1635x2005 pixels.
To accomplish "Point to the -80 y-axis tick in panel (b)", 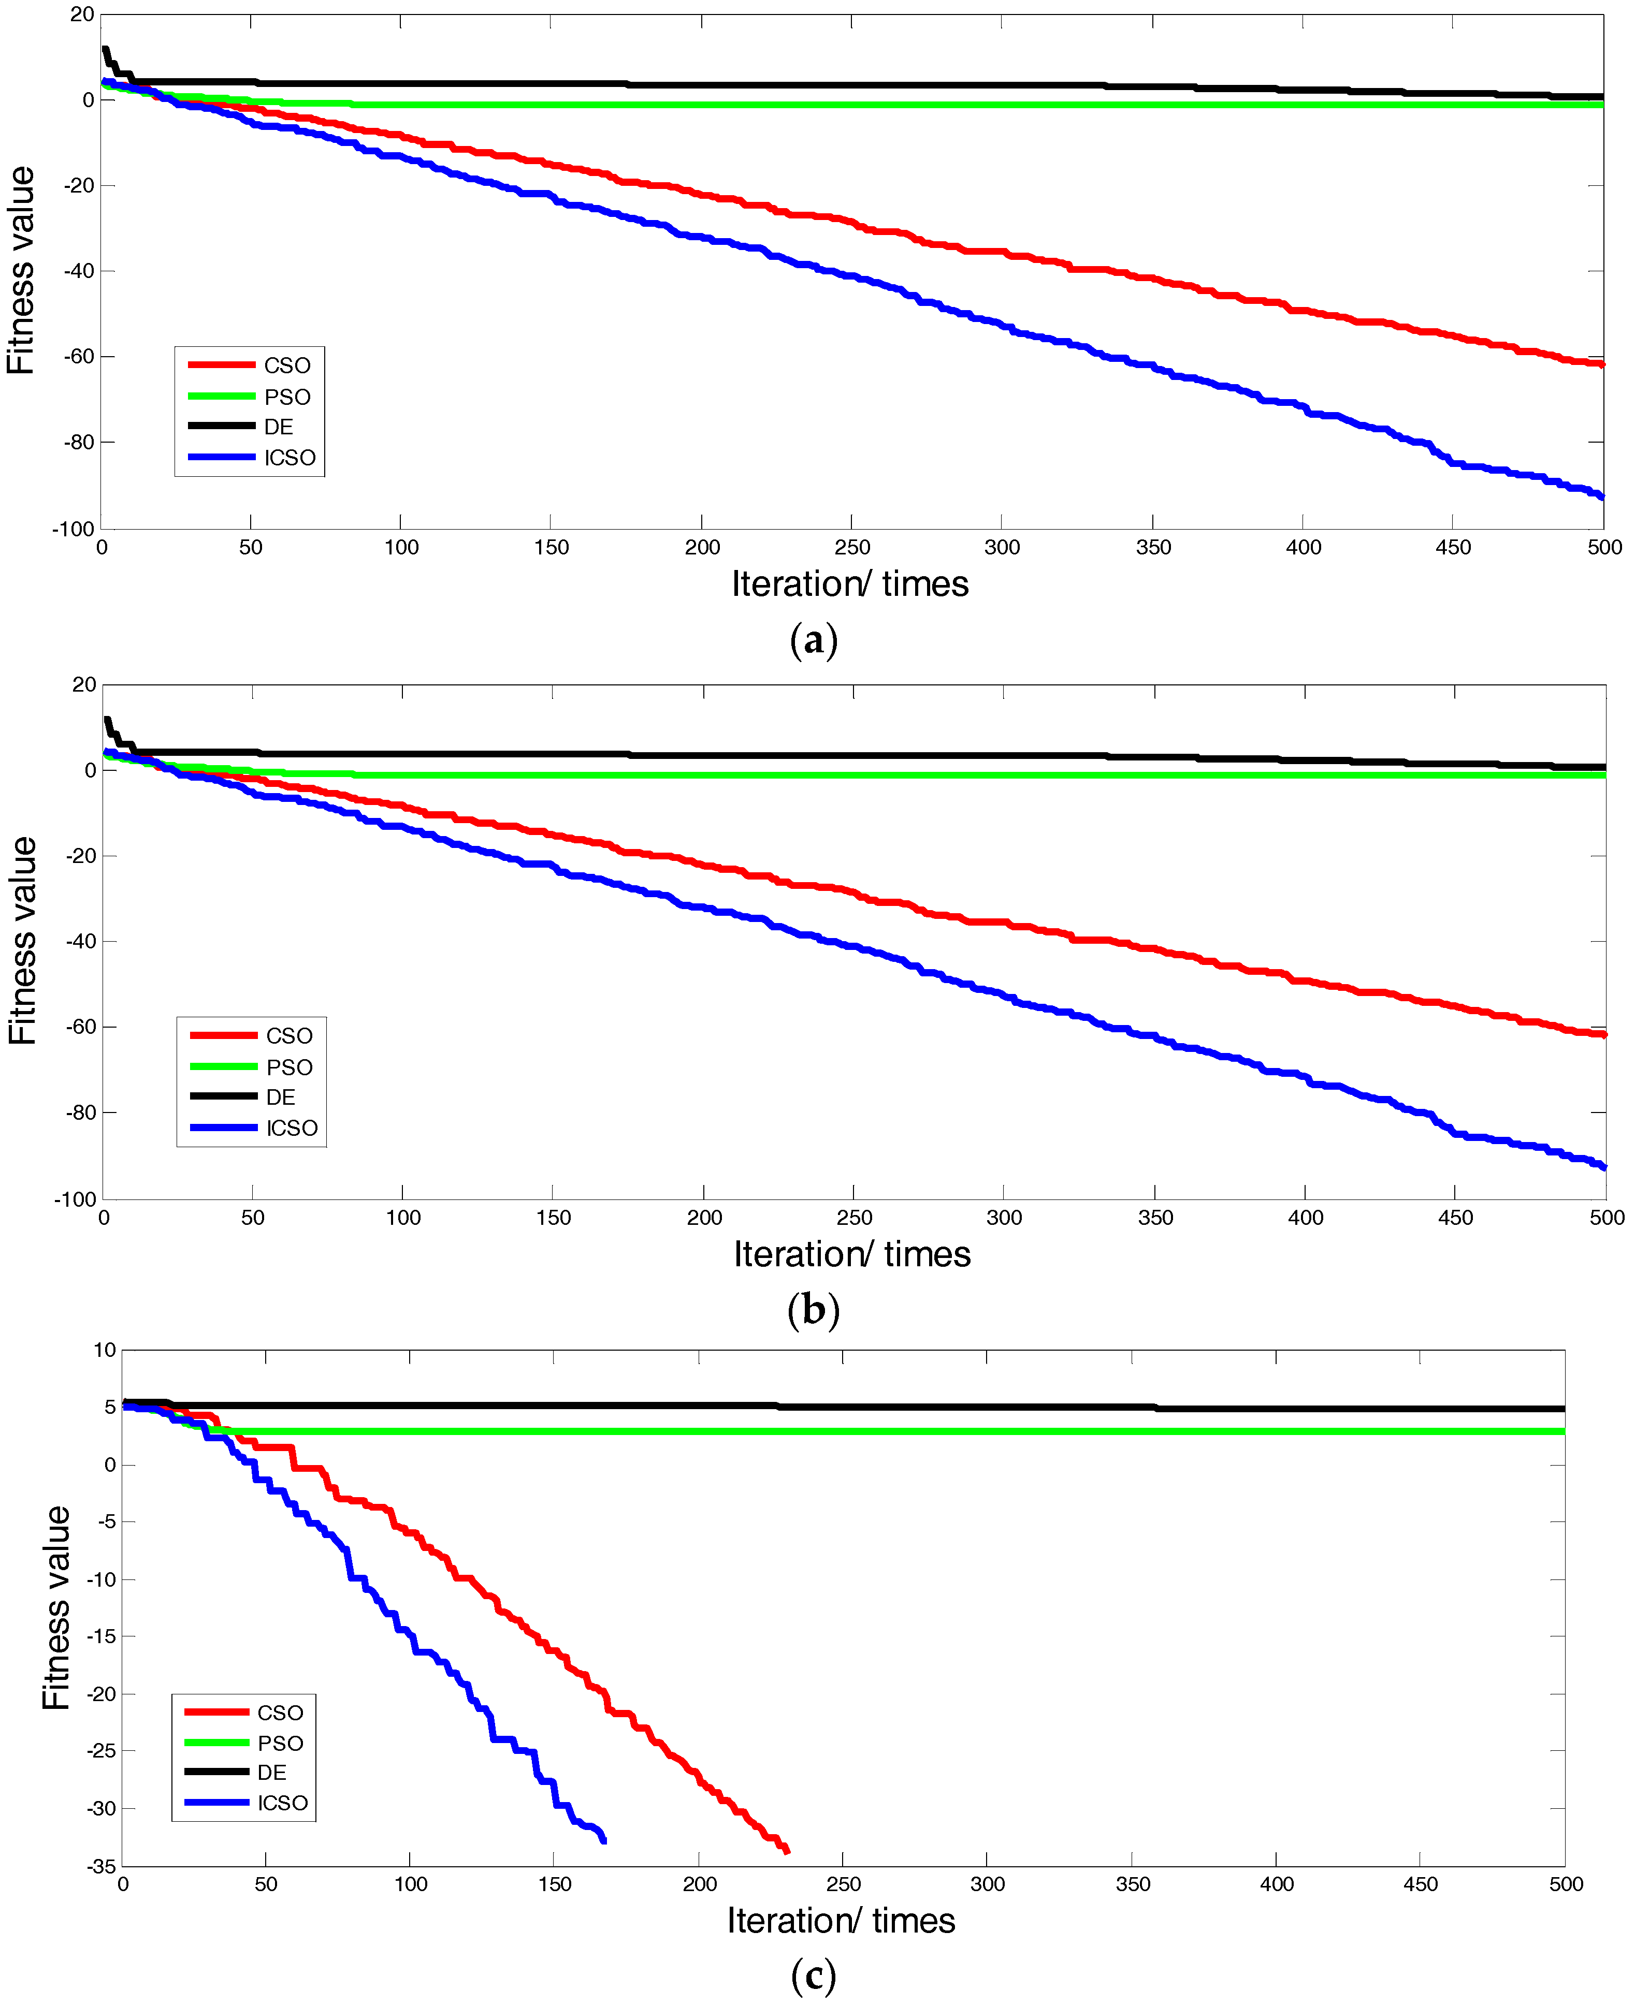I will click(x=80, y=1113).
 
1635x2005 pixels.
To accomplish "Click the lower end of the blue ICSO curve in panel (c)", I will click(x=604, y=1840).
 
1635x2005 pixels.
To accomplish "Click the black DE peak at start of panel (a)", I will click(x=106, y=50).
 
